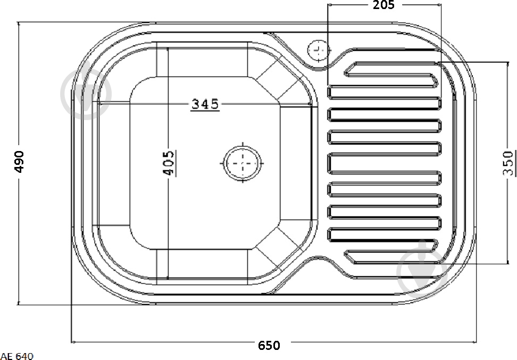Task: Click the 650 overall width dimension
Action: (x=269, y=346)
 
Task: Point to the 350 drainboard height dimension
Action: (x=508, y=163)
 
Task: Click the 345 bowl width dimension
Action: (x=205, y=104)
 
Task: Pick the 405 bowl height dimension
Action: (x=169, y=163)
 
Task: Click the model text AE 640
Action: (x=17, y=356)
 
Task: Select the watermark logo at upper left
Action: (x=86, y=94)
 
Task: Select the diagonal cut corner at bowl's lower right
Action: (x=278, y=245)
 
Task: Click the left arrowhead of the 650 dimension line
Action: (x=73, y=342)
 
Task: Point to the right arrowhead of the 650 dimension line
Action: (x=474, y=342)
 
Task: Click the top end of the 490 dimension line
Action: (x=20, y=23)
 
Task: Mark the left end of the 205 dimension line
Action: (x=328, y=5)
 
